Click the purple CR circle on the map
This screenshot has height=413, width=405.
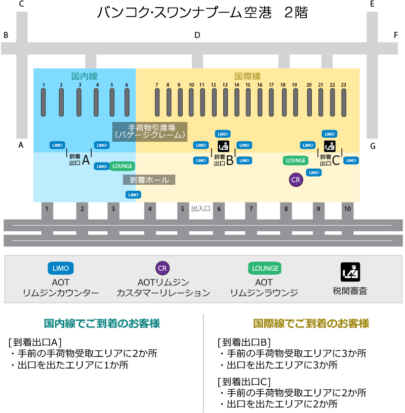[x=295, y=180]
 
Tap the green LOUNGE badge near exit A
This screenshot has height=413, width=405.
[x=121, y=166]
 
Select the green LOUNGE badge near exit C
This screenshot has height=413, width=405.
[x=296, y=160]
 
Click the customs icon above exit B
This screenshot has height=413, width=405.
[x=223, y=146]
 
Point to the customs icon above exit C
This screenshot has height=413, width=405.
[x=330, y=147]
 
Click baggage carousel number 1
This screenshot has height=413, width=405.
[x=44, y=102]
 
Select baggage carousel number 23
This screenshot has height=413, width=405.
[x=344, y=102]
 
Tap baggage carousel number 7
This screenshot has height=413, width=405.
[x=157, y=102]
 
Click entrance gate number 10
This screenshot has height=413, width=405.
[x=347, y=209]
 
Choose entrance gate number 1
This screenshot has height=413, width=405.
[x=47, y=209]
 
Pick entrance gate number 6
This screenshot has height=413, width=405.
[x=219, y=209]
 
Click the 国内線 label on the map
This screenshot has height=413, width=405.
[x=85, y=76]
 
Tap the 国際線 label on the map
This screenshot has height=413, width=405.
[x=248, y=76]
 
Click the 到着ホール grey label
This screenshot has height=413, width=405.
[x=149, y=180]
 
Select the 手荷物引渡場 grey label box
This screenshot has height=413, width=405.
[x=149, y=131]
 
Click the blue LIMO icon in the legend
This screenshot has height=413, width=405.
[x=61, y=268]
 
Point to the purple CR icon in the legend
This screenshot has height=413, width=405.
[x=162, y=268]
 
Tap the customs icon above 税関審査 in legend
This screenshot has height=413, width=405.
[x=350, y=272]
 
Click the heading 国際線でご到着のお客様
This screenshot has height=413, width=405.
[x=311, y=323]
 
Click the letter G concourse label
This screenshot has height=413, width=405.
[x=373, y=146]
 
